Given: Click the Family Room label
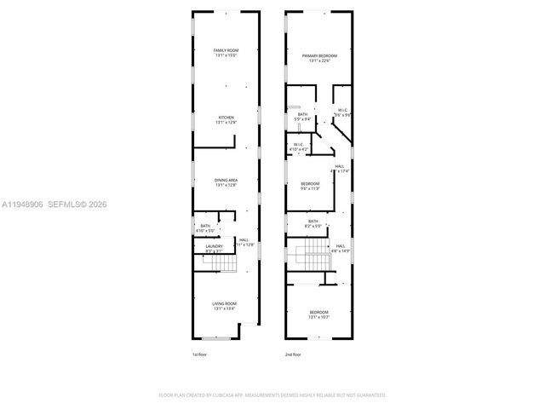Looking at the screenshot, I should click(226, 54).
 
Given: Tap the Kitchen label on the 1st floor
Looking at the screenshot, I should click(226, 120).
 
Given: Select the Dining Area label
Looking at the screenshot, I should click(226, 182).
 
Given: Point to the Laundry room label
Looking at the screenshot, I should click(214, 248).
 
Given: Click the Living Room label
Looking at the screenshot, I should click(225, 306).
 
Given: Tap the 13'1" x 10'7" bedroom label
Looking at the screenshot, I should click(318, 314).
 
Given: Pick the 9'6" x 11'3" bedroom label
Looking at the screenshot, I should click(309, 187).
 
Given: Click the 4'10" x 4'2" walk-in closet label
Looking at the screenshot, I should click(300, 147).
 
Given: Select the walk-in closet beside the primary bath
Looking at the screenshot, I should click(341, 112).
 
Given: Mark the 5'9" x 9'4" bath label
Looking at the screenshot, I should click(302, 117).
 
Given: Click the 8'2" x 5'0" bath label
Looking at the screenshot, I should click(313, 223).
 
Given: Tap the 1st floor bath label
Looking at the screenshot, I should click(205, 228).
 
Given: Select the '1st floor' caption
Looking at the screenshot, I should click(200, 353).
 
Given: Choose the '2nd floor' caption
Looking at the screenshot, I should click(294, 353).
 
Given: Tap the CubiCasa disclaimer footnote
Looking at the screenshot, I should click(272, 395).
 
